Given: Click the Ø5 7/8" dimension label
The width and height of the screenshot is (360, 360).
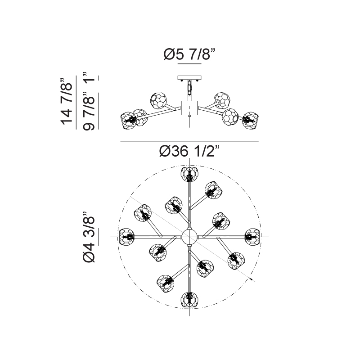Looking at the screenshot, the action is pos(189,54).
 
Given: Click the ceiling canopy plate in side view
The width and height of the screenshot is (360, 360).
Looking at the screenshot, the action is pos(189,78).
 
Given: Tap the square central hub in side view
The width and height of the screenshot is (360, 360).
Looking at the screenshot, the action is pos(189,108).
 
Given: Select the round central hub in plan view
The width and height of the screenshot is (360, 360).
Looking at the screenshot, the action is pos(189,237).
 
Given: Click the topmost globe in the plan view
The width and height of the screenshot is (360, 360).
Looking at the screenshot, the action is pos(189,174).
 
